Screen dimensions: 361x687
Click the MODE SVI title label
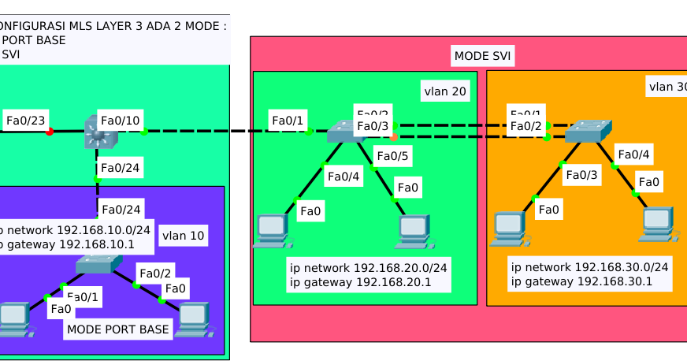coord(482,56)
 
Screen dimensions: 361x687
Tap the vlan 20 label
coord(444,91)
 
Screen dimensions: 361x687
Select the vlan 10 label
coord(183,235)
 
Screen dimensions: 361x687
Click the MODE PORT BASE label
coord(118,329)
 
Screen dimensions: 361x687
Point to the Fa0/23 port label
coord(25,121)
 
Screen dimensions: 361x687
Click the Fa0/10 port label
coord(120,121)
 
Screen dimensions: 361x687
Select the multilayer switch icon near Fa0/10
coord(99,132)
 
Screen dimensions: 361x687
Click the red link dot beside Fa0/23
coord(50,132)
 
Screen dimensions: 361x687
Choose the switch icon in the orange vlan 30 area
coord(587,131)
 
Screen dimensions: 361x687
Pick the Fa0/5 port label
coord(392,157)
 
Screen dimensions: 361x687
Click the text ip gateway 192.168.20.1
coord(360,282)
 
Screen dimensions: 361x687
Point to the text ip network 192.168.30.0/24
coord(589,267)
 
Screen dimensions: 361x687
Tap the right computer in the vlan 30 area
coord(658,223)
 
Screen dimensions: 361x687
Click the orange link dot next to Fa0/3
coord(394,137)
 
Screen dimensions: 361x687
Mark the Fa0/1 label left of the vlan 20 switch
coord(287,121)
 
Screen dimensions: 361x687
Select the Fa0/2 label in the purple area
coord(155,274)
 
